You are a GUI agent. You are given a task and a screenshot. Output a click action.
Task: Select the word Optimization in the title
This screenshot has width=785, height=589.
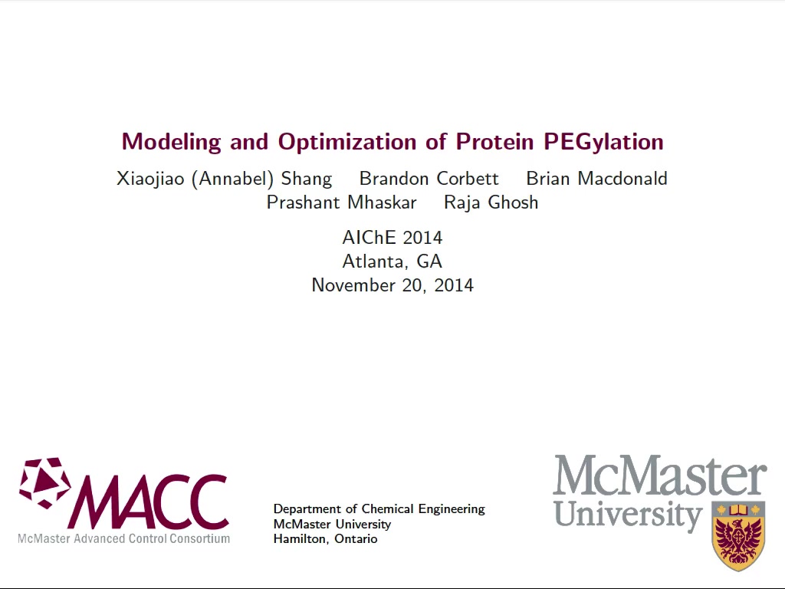point(347,142)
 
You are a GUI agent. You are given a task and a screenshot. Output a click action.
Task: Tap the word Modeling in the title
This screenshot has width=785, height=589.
point(171,142)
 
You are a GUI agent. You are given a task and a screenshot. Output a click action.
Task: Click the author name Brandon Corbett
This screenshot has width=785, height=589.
point(429,178)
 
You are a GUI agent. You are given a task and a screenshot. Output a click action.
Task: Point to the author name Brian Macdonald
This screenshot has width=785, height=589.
point(596,178)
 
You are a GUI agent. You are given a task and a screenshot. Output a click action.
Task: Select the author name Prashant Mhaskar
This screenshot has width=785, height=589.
point(341,202)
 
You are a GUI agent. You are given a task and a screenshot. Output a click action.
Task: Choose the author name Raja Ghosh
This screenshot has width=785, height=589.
point(491,202)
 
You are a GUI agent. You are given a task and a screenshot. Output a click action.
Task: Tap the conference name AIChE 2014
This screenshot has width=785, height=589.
point(392,238)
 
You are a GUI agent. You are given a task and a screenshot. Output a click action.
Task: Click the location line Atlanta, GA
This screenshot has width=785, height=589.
point(392,262)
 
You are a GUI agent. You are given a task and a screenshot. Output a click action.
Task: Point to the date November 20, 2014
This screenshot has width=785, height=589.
point(392,285)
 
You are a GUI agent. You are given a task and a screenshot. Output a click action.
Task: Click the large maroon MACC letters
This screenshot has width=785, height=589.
point(149,502)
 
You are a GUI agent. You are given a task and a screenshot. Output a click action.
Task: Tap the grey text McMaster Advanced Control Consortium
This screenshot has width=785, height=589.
point(123,539)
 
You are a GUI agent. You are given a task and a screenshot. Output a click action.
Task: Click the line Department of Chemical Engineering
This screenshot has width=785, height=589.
point(379,509)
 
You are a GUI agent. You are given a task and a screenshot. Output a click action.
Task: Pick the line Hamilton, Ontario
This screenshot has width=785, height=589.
point(325,539)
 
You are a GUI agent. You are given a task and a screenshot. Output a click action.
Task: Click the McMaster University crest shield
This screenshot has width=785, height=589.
point(738,535)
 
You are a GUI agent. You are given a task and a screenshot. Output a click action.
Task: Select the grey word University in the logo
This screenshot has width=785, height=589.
point(629,516)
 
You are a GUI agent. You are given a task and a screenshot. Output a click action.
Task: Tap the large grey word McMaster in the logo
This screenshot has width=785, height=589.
point(660,475)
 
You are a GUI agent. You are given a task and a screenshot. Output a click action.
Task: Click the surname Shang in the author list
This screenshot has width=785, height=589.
point(307,179)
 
